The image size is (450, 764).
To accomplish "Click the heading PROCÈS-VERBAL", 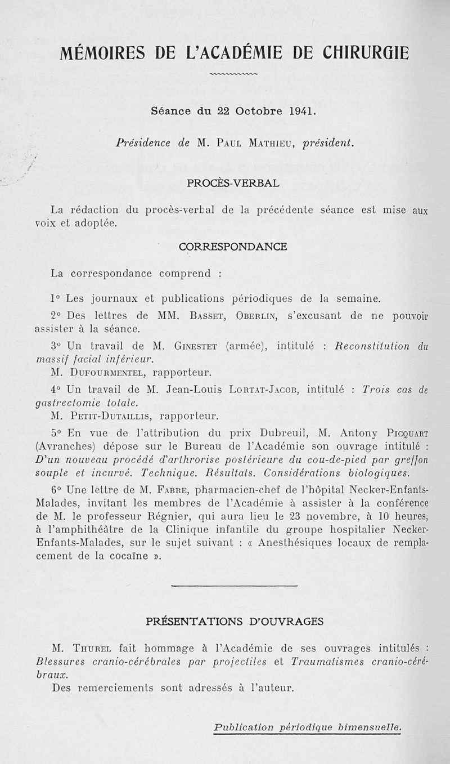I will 232,183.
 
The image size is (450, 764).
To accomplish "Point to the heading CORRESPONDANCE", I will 232,247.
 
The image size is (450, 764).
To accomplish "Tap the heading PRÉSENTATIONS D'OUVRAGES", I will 235,622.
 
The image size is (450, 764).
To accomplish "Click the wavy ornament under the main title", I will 233,74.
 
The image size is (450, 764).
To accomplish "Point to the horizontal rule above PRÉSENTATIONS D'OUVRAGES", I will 233,587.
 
